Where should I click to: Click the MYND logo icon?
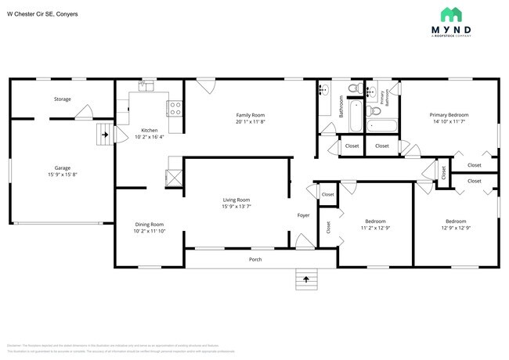450,14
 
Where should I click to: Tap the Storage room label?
63,99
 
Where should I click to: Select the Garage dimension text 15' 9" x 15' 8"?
63,175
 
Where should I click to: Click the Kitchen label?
150,130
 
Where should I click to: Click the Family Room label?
251,115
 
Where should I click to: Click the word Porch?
255,259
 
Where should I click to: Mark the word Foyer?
304,214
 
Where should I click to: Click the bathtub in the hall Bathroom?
356,116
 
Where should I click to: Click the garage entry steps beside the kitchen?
103,135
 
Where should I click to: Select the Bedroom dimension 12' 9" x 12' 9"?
455,228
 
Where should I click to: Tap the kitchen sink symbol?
145,86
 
